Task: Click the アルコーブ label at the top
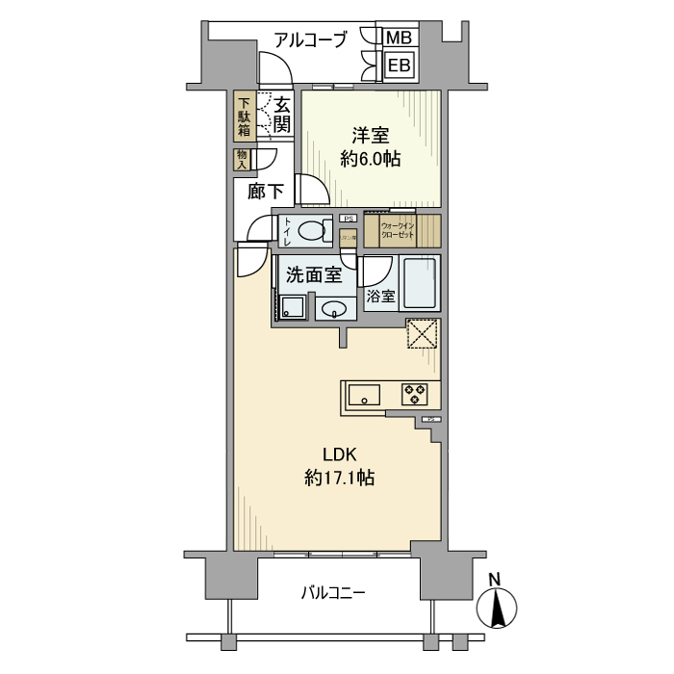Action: click(x=310, y=39)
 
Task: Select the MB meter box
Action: click(x=399, y=38)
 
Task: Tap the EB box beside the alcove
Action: click(x=399, y=65)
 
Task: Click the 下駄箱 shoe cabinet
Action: click(x=245, y=117)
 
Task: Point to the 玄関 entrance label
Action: click(x=281, y=115)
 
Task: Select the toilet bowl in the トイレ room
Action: click(x=309, y=230)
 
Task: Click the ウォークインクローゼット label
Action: click(x=398, y=231)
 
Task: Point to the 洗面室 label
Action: click(x=314, y=274)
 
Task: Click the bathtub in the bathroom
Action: click(x=419, y=284)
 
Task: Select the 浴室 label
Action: click(x=380, y=297)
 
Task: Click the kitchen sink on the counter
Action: click(x=364, y=394)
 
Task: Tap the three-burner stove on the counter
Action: click(x=415, y=394)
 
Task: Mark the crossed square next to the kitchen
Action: click(x=422, y=333)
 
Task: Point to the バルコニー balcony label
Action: click(x=332, y=592)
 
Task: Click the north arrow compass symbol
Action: click(x=497, y=607)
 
